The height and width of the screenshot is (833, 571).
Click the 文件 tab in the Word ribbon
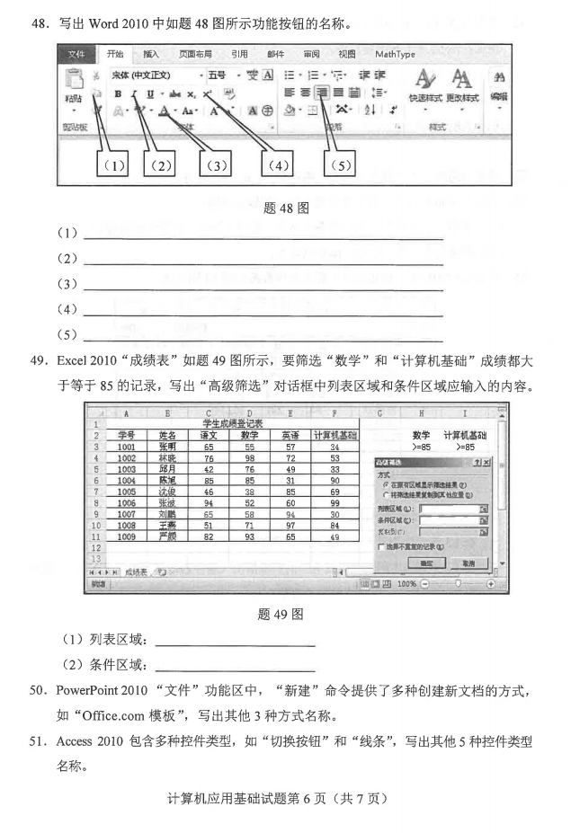pyautogui.click(x=78, y=55)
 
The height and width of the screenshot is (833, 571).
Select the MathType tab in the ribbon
pyautogui.click(x=395, y=55)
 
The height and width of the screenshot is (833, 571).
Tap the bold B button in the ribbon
pyautogui.click(x=117, y=93)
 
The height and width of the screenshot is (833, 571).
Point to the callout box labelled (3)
pyautogui.click(x=215, y=165)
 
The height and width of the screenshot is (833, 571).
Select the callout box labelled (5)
pyautogui.click(x=340, y=165)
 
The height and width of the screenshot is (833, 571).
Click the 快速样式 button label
pyautogui.click(x=424, y=97)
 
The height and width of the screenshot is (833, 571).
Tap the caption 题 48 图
pyautogui.click(x=285, y=208)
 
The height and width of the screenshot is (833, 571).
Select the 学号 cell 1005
pyautogui.click(x=126, y=492)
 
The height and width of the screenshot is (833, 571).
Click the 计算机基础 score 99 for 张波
pyautogui.click(x=334, y=504)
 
